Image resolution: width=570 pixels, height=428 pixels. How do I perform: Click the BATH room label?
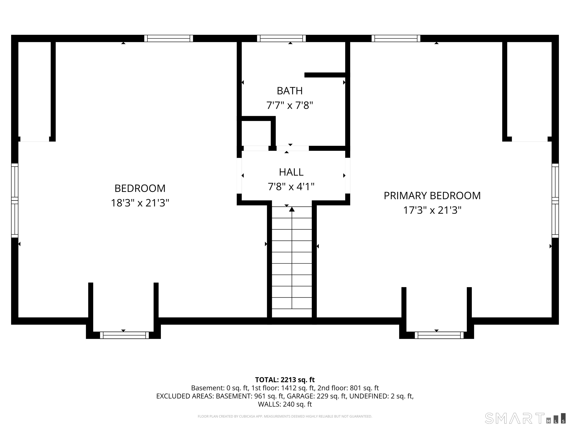tap(290, 91)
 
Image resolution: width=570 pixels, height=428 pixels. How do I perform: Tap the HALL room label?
tap(291, 172)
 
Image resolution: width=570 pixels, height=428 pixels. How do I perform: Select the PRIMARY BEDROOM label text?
tap(432, 196)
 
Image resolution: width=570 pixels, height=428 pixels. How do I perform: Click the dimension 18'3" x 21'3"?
tap(140, 203)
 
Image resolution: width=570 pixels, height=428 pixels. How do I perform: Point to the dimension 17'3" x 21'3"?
tap(432, 210)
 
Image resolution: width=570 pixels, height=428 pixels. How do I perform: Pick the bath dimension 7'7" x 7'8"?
tap(290, 106)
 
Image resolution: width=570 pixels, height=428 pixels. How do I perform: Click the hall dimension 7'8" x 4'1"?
tap(291, 187)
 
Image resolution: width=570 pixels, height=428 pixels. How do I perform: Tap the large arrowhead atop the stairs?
tap(292, 209)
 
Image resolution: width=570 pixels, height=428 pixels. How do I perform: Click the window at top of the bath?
tap(281, 38)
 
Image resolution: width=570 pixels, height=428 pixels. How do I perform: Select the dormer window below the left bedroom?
tap(124, 335)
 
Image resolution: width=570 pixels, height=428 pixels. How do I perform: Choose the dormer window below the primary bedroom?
tap(439, 335)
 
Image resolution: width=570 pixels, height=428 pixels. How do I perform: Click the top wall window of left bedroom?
tap(168, 38)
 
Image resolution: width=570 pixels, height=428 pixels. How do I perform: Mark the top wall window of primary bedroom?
tap(396, 38)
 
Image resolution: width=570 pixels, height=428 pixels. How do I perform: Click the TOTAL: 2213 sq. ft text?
tap(285, 380)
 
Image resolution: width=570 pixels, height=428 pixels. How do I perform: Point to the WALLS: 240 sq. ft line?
tap(285, 404)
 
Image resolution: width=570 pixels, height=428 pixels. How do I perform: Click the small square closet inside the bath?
tap(256, 133)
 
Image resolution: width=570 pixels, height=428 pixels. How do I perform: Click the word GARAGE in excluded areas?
tap(300, 396)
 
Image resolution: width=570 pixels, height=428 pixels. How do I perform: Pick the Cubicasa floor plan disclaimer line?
tap(285, 416)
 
